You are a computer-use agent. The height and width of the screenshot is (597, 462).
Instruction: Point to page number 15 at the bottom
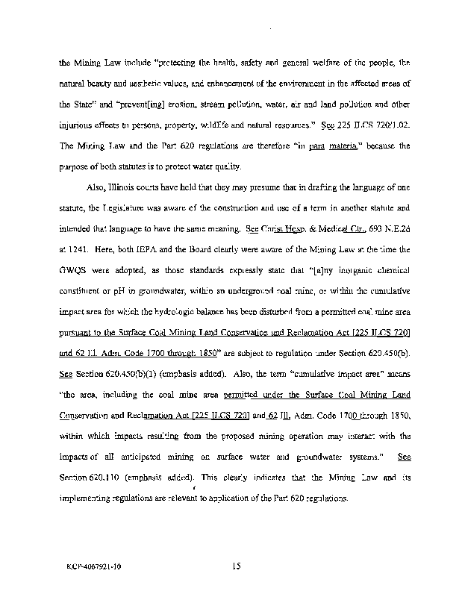pyautogui.click(x=235, y=567)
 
